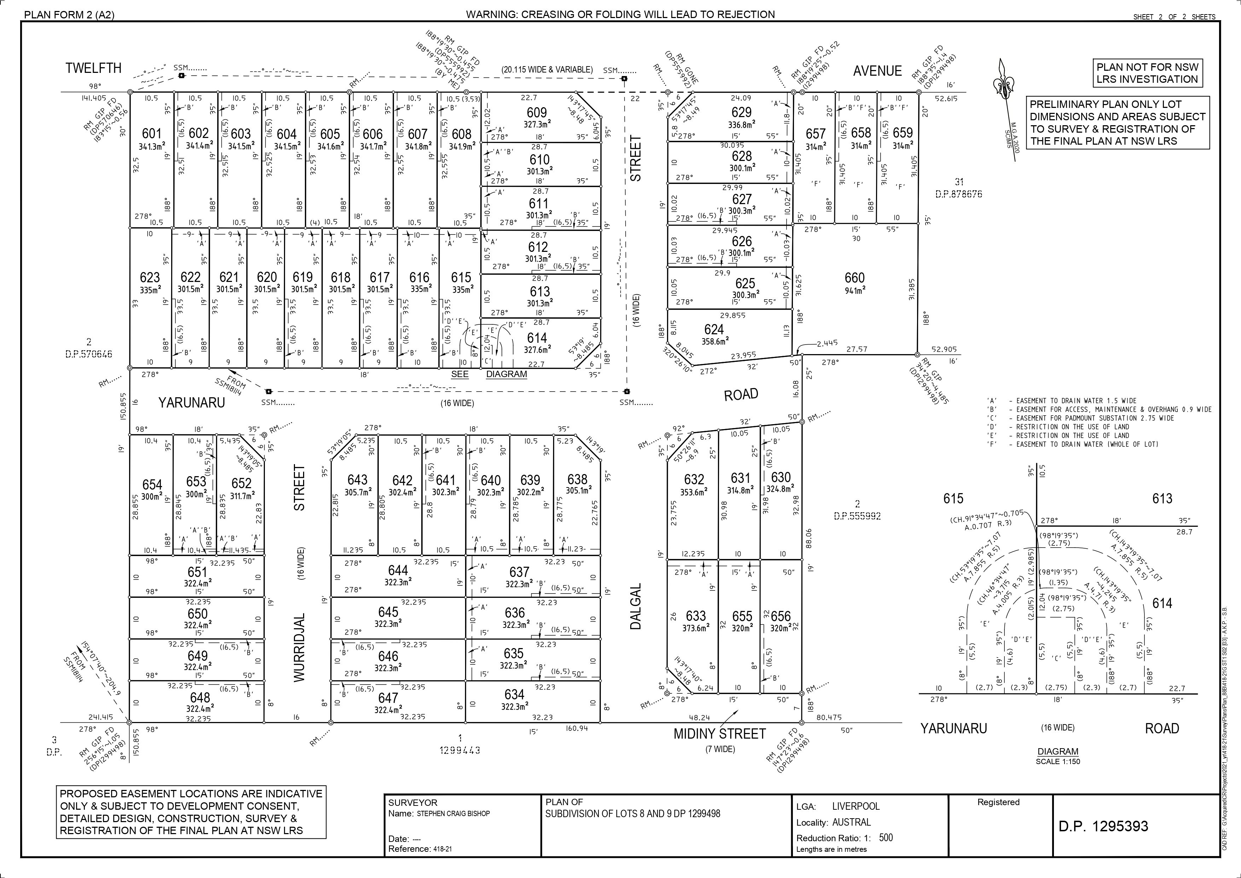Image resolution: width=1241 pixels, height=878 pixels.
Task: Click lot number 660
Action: coord(854,278)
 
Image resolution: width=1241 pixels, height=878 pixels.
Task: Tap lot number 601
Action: coord(152,133)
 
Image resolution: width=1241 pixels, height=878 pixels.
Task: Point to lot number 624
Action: coord(714,329)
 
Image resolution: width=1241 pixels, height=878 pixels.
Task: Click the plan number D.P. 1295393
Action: coord(1103,826)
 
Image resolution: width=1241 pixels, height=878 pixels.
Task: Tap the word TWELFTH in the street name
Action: coord(93,68)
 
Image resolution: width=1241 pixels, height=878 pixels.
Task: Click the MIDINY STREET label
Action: coord(719,734)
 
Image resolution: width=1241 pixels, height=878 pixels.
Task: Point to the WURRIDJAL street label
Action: coord(300,647)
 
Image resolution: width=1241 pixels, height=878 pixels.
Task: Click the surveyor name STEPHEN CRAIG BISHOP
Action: coord(453,814)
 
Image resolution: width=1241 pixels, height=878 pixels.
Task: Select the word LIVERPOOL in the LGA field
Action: coord(856,806)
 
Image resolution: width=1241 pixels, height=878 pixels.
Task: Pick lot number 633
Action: coord(696,616)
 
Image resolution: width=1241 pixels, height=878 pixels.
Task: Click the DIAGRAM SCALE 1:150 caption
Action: coord(1058,756)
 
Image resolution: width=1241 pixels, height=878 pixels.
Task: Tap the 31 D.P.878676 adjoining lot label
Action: coord(959,187)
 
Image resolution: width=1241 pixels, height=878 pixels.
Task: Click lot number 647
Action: coord(388,698)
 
